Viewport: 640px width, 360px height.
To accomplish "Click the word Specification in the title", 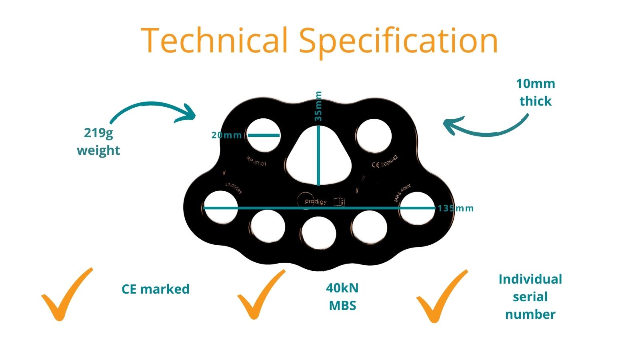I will coord(398,42).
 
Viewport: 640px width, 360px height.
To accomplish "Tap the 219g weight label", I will coord(98,141).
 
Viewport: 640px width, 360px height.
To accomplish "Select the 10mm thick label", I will coord(535,92).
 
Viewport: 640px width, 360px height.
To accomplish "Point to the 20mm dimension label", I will coord(226,135).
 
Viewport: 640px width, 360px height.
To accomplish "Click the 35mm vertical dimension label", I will coord(318,106).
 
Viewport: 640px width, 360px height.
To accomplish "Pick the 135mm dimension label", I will coord(456,208).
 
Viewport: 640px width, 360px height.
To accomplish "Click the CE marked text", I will coord(155,289).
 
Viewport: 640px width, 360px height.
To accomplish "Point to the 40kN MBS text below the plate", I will coord(342,296).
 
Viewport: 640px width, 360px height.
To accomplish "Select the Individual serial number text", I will coord(530,296).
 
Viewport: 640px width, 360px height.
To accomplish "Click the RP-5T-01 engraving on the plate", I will coord(256,162).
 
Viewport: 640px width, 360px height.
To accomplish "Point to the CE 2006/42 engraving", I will coord(385,162).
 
